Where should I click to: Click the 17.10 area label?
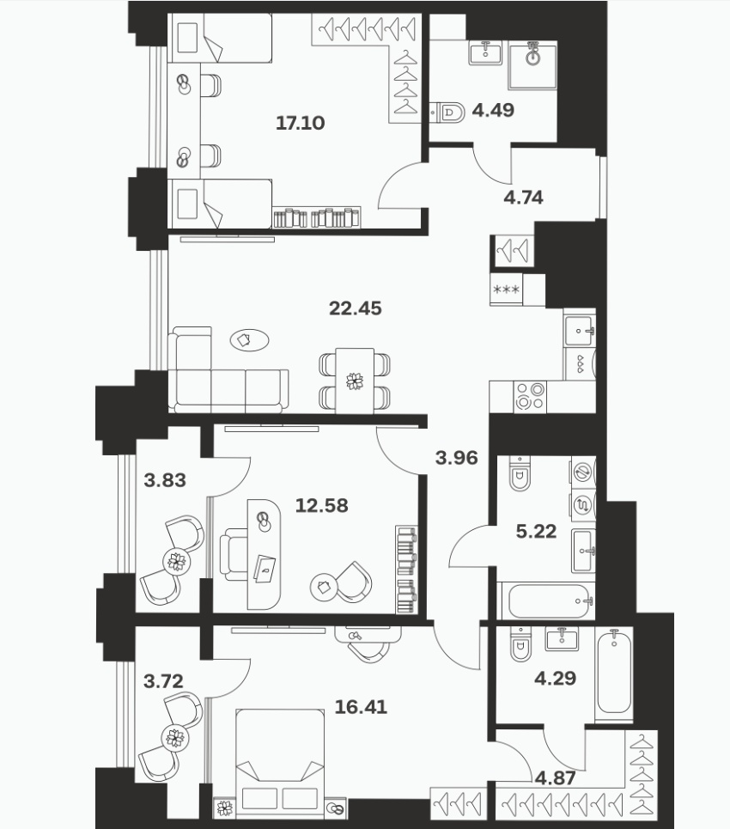[301, 123]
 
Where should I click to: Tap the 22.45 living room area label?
[356, 308]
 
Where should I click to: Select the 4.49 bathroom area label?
[493, 111]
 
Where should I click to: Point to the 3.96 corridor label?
[457, 458]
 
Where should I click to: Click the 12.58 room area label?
[322, 506]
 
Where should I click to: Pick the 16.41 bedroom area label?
[361, 707]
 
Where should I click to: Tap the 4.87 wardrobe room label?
[555, 778]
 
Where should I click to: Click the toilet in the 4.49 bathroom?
[447, 112]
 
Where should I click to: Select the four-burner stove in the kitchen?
[530, 397]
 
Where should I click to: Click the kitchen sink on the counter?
[580, 332]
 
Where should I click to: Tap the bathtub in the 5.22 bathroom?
[550, 601]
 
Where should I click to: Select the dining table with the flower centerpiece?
[355, 381]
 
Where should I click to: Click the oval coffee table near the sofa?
[250, 340]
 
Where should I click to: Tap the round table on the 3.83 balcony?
[176, 561]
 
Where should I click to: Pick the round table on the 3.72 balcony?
[175, 738]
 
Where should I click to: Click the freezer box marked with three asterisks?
[507, 290]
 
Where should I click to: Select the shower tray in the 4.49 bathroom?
[532, 67]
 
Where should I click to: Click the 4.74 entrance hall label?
[523, 198]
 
